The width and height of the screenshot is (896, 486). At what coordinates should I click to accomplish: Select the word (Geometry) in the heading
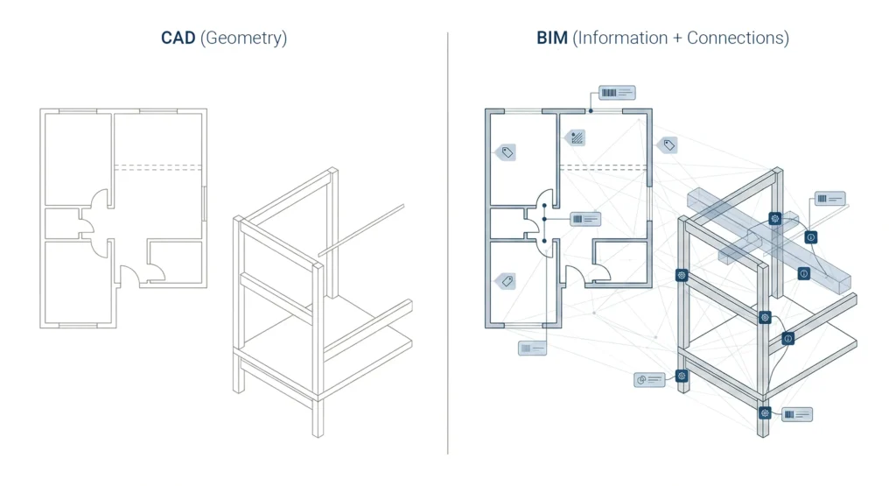[x=244, y=39]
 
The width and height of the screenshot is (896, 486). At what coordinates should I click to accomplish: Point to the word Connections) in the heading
[x=738, y=39]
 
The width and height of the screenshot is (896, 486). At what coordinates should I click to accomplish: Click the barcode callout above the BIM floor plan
[x=617, y=92]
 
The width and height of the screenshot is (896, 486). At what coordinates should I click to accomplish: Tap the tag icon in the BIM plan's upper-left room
[x=506, y=151]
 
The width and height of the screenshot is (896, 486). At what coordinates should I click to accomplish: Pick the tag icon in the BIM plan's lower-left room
[x=505, y=281]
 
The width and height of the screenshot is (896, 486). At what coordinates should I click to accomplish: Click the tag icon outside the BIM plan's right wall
[x=668, y=145]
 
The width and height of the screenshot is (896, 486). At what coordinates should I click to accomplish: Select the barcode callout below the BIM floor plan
[x=532, y=348]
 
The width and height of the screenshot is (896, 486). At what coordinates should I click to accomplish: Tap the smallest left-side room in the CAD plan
[x=61, y=223]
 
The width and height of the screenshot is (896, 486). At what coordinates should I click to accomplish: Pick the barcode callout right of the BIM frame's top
[x=829, y=199]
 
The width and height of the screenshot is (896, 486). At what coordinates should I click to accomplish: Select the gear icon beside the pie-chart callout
[x=682, y=376]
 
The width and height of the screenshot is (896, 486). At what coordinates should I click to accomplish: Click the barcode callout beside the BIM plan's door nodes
[x=585, y=218]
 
